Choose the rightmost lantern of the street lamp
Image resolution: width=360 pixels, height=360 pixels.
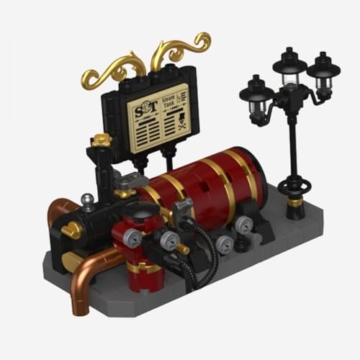(323, 71)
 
